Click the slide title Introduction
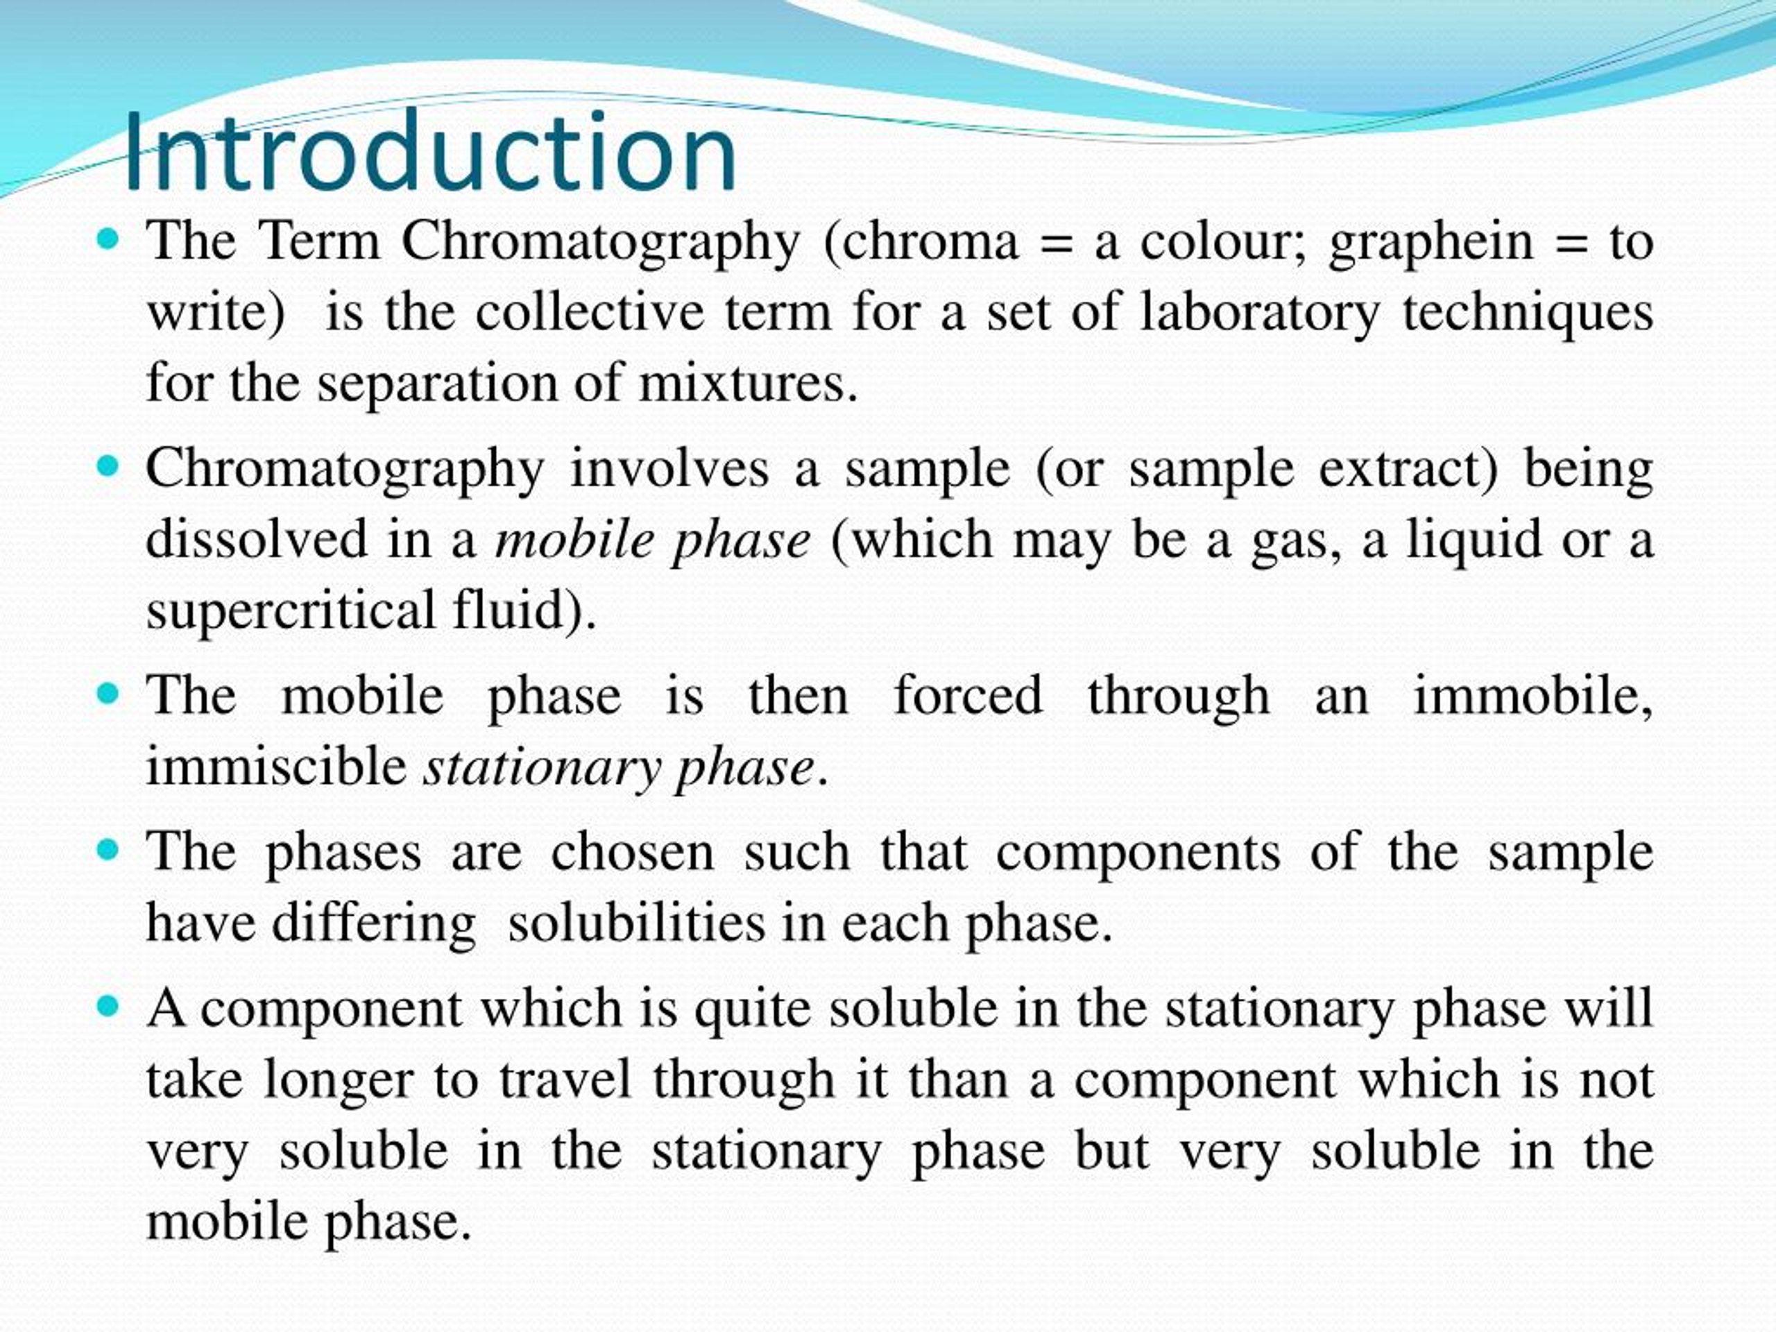(430, 153)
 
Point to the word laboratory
(1259, 313)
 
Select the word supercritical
(290, 610)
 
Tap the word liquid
(1474, 540)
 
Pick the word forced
(968, 695)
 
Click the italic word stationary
(543, 767)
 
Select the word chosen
(632, 852)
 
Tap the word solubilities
(636, 923)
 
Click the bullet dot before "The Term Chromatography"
(107, 239)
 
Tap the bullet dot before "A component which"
(107, 1006)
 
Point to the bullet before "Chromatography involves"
(107, 466)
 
